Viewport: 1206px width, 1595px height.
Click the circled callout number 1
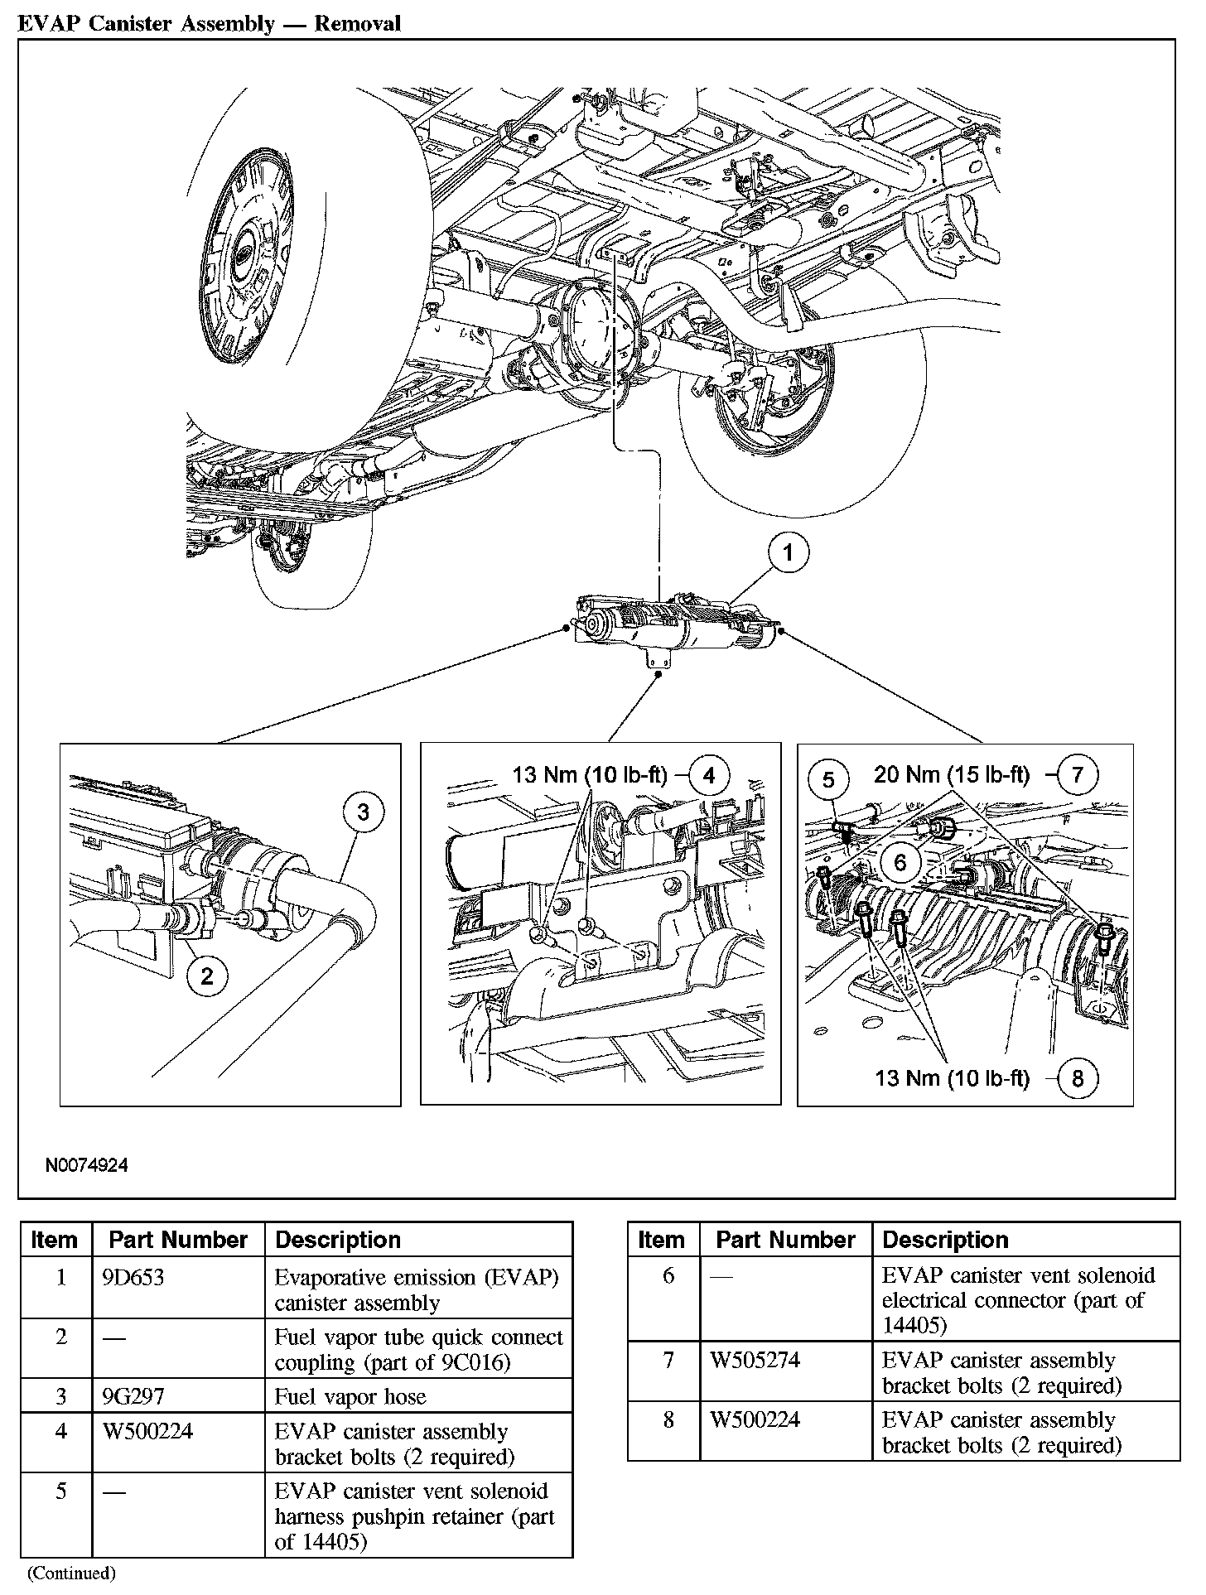(788, 552)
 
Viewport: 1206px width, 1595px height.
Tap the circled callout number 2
(206, 976)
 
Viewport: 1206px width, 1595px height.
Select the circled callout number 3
(363, 812)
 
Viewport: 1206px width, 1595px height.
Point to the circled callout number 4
(708, 775)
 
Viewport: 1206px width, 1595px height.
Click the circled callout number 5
(828, 779)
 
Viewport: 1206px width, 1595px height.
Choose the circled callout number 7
(1077, 774)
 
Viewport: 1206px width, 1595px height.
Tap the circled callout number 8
(1077, 1077)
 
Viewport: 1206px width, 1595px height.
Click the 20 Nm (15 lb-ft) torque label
(952, 774)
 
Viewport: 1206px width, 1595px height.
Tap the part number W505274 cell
(755, 1360)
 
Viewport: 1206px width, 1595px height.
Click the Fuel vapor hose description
(350, 1396)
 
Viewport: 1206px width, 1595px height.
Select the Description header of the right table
(945, 1240)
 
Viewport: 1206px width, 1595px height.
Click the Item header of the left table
(54, 1240)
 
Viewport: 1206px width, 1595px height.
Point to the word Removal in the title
(357, 23)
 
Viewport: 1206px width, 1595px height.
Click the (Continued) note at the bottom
(71, 1572)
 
